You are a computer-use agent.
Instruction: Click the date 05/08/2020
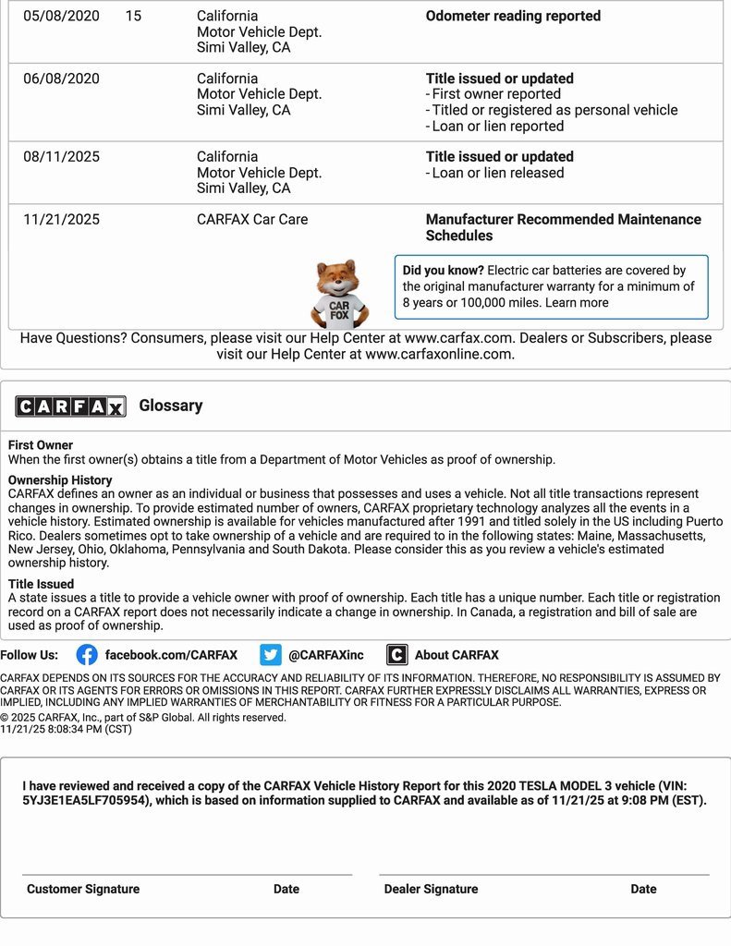[61, 16]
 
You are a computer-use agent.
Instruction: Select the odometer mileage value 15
[133, 16]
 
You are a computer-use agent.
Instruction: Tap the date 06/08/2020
[61, 79]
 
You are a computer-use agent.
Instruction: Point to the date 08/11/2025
[61, 157]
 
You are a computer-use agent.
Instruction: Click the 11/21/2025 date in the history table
[61, 220]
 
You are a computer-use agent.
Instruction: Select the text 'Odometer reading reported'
[513, 16]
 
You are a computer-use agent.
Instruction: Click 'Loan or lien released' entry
[497, 173]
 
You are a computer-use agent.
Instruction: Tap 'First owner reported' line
[496, 94]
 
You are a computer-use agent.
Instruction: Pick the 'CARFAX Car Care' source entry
[252, 220]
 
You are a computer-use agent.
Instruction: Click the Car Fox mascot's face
[338, 278]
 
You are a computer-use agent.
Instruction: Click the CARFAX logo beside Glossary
[70, 406]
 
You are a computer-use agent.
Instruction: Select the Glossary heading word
[171, 406]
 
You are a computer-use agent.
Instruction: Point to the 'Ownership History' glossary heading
[60, 480]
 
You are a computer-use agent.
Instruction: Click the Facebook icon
[87, 655]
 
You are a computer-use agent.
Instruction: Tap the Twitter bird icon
[270, 655]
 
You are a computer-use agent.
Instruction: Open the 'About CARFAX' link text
[457, 655]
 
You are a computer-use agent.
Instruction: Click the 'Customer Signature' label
[83, 889]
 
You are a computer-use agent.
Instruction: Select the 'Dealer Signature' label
[431, 889]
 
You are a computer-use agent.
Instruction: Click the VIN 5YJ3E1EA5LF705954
[85, 801]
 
